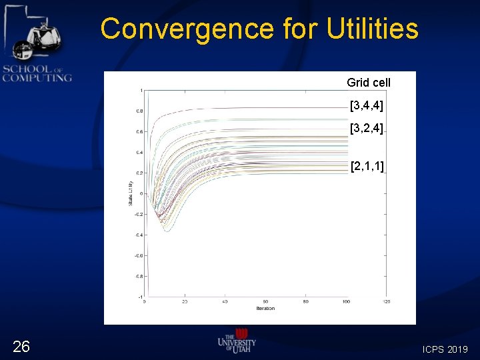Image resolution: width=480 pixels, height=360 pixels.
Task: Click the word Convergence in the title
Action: click(187, 29)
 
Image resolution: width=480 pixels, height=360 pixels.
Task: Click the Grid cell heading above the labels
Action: click(369, 83)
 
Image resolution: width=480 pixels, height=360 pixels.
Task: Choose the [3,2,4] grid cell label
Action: click(366, 127)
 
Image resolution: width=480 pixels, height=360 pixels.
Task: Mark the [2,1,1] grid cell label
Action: click(367, 166)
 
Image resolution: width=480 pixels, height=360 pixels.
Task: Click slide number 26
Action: click(21, 345)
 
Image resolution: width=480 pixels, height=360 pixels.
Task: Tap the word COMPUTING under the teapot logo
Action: click(37, 78)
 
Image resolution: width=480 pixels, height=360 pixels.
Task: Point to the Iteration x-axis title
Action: click(265, 308)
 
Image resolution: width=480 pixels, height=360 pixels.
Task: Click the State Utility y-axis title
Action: click(130, 193)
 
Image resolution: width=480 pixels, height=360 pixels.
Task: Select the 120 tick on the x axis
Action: click(386, 302)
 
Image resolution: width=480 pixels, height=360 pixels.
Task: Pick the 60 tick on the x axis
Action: click(265, 302)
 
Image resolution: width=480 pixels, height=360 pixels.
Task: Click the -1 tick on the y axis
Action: click(139, 297)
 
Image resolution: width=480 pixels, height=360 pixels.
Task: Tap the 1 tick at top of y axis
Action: click(141, 90)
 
